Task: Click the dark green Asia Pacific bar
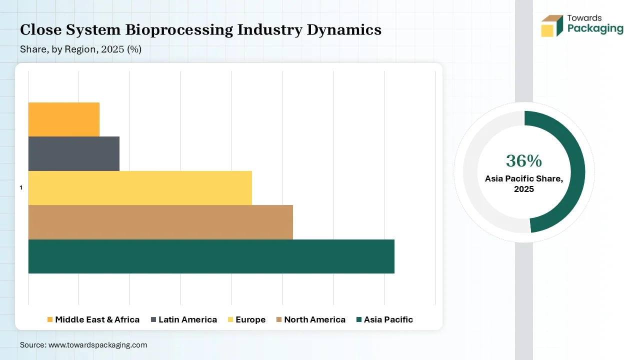[211, 256]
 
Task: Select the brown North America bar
[160, 222]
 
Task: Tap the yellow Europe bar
[140, 188]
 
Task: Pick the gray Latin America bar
[73, 153]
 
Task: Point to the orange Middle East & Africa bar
[63, 119]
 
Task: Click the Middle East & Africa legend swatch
[50, 319]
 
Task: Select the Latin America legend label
[187, 319]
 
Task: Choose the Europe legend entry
[246, 319]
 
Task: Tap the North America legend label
[314, 319]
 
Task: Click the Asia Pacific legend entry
[384, 319]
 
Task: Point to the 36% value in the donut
[523, 161]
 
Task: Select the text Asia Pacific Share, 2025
[523, 184]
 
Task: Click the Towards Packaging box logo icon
[551, 25]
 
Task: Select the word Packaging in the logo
[595, 28]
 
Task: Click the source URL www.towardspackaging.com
[97, 345]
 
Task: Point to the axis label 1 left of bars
[21, 187]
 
